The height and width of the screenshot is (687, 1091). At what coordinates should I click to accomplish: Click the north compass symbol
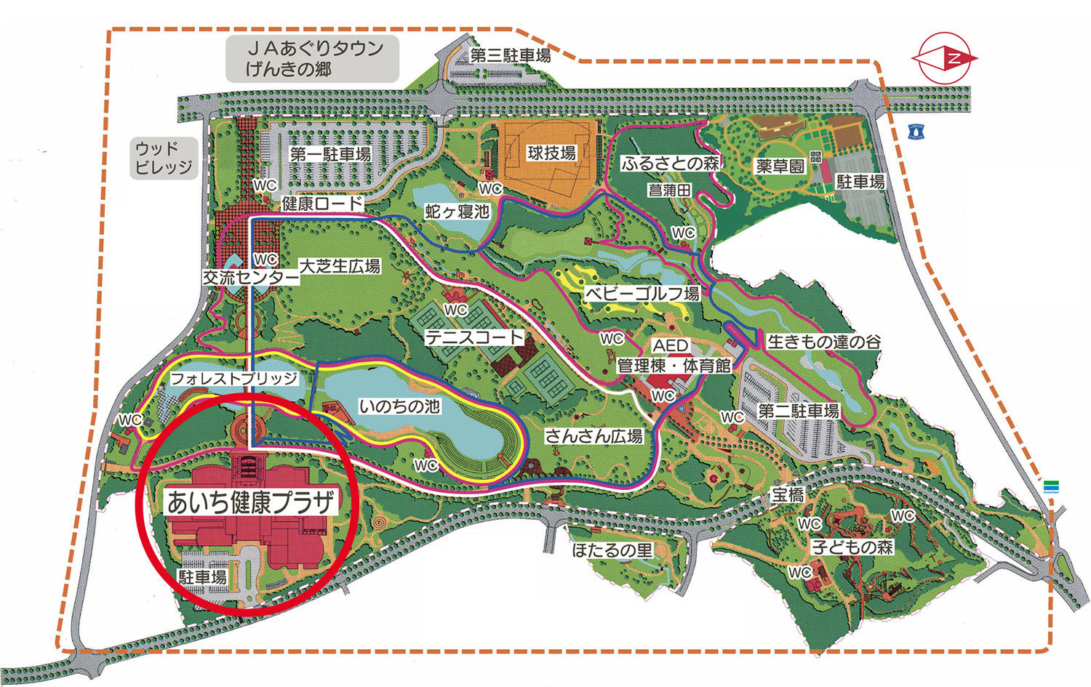(x=946, y=57)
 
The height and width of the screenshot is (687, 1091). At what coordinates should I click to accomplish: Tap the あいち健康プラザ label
(x=252, y=502)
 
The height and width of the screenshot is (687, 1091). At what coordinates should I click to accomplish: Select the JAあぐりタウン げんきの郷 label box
(x=313, y=59)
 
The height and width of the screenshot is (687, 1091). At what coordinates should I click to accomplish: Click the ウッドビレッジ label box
(x=164, y=158)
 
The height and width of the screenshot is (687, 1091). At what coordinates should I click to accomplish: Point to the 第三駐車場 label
(x=510, y=55)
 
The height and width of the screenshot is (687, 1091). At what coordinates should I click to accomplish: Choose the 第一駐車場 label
(x=330, y=154)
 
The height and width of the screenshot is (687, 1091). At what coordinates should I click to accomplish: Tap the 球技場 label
(x=551, y=153)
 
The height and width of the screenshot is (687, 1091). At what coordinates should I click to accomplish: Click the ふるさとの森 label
(x=669, y=164)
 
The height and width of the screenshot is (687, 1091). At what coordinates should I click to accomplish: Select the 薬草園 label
(x=780, y=166)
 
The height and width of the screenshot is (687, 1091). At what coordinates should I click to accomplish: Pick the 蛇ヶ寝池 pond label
(x=457, y=212)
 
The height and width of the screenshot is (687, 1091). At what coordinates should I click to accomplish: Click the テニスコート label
(x=474, y=337)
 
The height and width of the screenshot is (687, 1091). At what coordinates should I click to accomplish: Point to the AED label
(x=670, y=345)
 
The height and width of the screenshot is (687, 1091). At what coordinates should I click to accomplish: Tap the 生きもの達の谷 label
(x=824, y=341)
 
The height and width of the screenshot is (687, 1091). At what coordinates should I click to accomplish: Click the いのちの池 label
(x=400, y=406)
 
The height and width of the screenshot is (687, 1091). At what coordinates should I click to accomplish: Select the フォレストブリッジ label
(x=233, y=378)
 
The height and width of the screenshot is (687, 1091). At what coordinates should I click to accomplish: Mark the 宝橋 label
(x=788, y=495)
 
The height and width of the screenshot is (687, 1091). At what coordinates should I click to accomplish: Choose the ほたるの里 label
(x=612, y=550)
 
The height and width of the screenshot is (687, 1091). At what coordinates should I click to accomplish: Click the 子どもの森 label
(x=852, y=547)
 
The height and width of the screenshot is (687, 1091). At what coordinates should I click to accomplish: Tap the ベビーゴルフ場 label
(x=642, y=294)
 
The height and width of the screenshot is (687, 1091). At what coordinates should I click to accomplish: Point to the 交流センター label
(x=250, y=277)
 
